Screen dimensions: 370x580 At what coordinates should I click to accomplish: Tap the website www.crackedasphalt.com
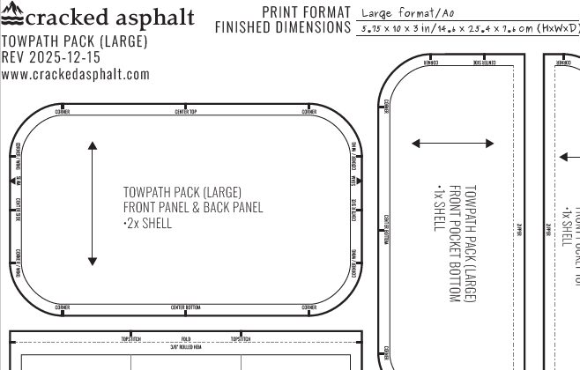[x=75, y=75]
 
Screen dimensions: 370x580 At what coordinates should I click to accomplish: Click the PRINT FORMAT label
[x=307, y=11]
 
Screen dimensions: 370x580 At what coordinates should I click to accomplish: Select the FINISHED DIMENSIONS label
[x=282, y=27]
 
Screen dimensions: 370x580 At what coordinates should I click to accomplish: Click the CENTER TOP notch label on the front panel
[x=185, y=112]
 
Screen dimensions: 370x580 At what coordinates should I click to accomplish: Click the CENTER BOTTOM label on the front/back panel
[x=185, y=307]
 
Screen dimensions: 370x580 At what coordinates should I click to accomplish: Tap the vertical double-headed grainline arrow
[x=92, y=203]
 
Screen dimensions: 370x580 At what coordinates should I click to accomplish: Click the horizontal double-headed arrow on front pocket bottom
[x=452, y=144]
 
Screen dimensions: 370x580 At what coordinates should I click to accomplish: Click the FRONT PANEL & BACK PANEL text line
[x=192, y=208]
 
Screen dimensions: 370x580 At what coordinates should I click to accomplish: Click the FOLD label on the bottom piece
[x=185, y=338]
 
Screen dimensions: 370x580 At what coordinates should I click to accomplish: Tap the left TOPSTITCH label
[x=131, y=338]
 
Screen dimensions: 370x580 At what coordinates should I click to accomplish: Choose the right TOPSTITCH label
[x=241, y=338]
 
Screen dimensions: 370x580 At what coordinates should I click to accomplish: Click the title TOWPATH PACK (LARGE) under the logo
[x=62, y=42]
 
